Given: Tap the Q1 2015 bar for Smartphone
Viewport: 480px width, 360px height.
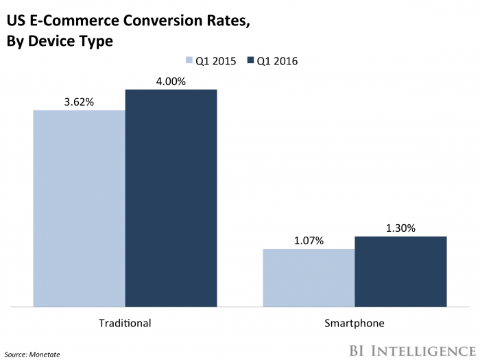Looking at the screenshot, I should (x=309, y=277).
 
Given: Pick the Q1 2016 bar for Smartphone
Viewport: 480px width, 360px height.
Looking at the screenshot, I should (x=400, y=271).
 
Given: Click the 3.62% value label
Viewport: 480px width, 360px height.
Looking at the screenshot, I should (x=79, y=102).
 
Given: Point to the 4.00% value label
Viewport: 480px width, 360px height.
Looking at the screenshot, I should (x=171, y=82).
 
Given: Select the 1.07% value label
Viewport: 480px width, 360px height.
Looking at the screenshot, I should (x=309, y=241).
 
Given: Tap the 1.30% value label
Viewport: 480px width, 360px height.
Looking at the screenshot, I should (x=400, y=228).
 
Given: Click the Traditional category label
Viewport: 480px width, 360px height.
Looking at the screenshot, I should (x=125, y=322).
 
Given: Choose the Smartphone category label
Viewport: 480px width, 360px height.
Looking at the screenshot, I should (x=355, y=322).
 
